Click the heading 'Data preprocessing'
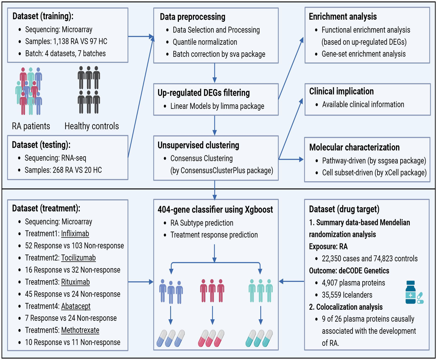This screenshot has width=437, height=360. (193, 17)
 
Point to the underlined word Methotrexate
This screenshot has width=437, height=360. (80, 330)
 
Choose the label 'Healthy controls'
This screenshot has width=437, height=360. (91, 126)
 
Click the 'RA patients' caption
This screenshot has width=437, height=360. (31, 126)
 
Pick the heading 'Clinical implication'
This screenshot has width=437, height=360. (341, 91)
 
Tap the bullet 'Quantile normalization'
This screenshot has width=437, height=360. (205, 42)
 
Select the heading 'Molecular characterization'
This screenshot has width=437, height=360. (354, 147)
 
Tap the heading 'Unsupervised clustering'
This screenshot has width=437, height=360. (198, 145)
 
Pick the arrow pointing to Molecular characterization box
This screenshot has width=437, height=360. (291, 159)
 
